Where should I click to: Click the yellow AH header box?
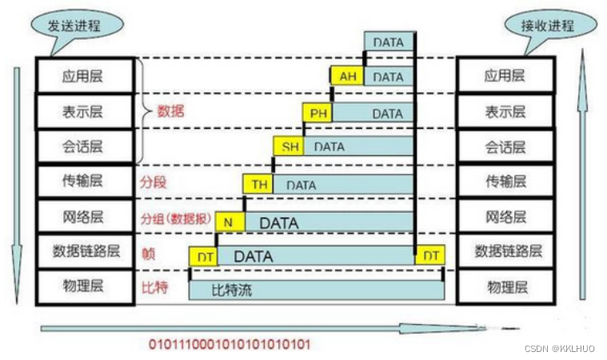(346, 77)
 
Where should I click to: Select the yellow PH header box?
(318, 113)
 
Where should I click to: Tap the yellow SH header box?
(289, 147)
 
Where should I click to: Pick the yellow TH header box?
(259, 185)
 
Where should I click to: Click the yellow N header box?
(229, 222)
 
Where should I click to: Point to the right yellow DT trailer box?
(430, 255)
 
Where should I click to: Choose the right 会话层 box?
(505, 147)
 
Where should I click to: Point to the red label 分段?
(154, 182)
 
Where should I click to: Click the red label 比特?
(154, 286)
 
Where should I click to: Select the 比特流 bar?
(316, 290)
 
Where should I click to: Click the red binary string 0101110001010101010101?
(229, 345)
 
